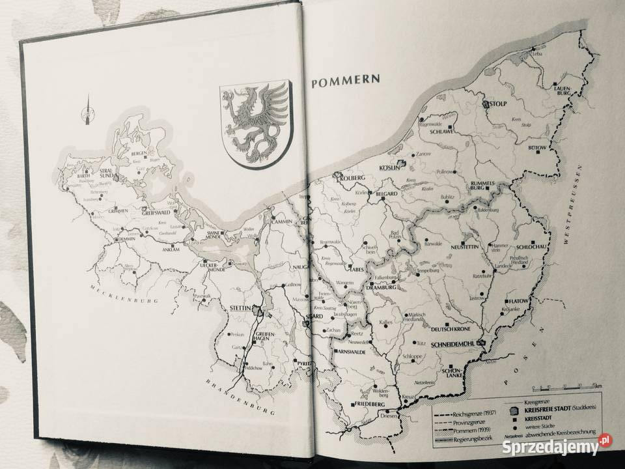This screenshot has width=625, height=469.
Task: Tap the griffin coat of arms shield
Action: coord(256,122)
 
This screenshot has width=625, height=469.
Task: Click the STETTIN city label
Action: coord(242,303)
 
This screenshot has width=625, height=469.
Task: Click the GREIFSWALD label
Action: coord(156,210)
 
